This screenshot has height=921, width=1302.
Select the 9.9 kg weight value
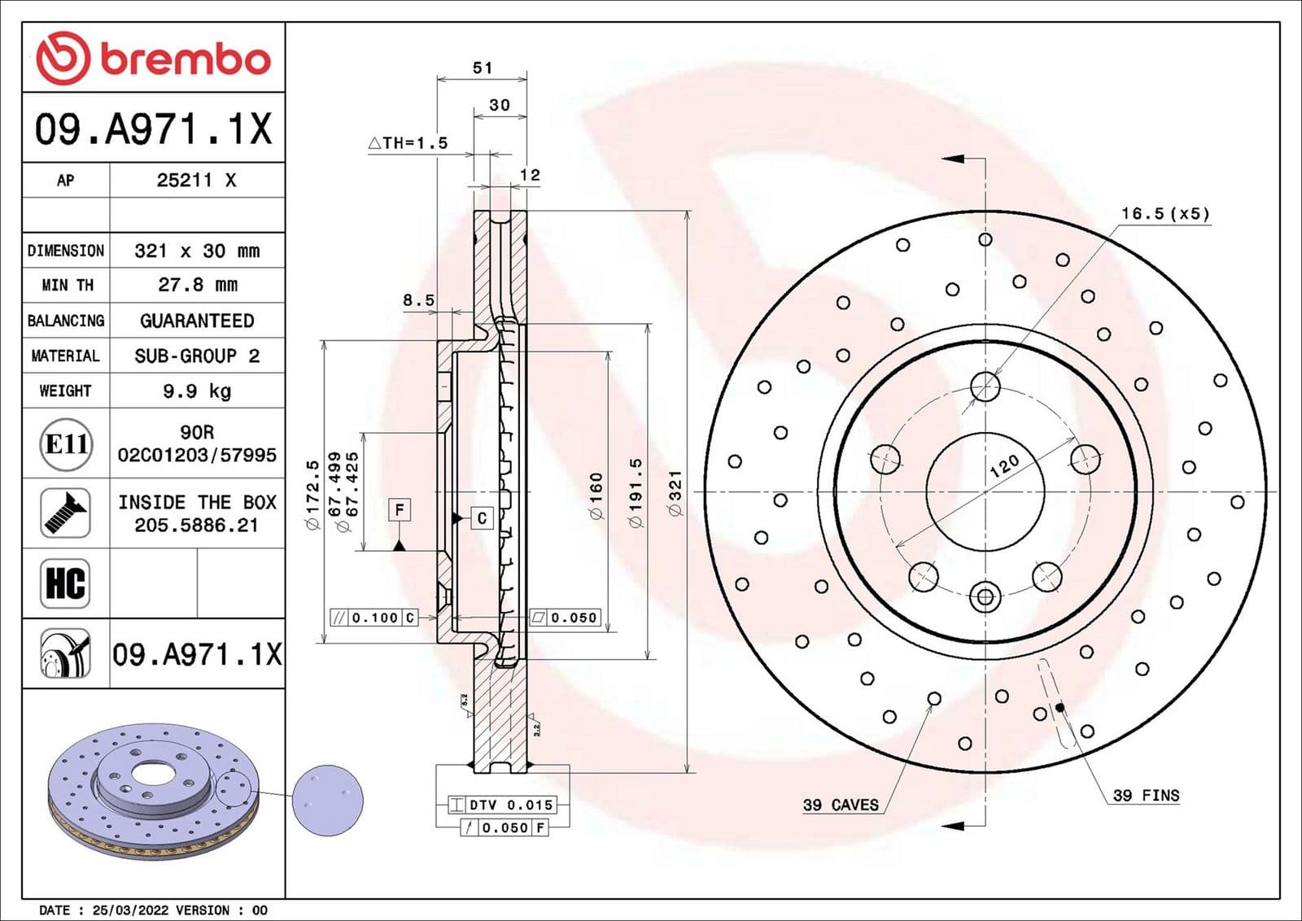click(x=197, y=391)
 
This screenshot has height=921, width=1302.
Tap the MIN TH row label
click(x=67, y=286)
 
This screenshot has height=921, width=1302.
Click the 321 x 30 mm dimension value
click(x=197, y=251)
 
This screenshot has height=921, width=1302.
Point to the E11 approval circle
click(x=66, y=444)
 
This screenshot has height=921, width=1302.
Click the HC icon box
click(x=65, y=583)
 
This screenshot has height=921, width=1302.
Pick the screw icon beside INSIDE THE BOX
click(x=65, y=513)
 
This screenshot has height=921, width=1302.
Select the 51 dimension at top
click(x=483, y=68)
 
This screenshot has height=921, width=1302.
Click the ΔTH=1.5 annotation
click(x=409, y=143)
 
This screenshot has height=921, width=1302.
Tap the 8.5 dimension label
click(x=418, y=300)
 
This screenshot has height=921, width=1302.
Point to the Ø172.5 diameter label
click(x=312, y=495)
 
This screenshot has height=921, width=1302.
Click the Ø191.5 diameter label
click(x=636, y=492)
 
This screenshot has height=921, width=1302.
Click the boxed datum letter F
click(x=400, y=510)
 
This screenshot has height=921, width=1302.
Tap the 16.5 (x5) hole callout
click(x=1164, y=214)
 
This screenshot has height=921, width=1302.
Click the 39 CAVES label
click(x=841, y=805)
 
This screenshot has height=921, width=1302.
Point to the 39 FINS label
click(x=1146, y=796)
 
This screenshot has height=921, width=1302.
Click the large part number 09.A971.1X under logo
click(x=153, y=129)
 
